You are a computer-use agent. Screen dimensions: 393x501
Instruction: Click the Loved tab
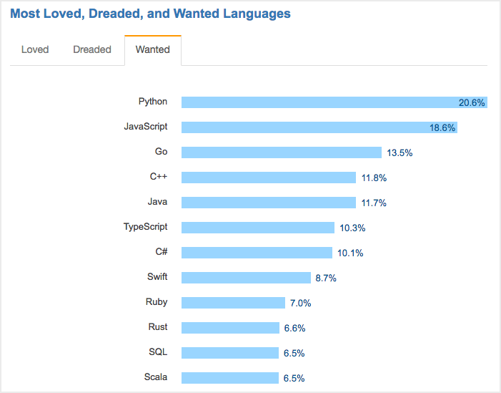tap(35, 49)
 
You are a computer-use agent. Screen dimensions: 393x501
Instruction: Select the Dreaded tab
tap(92, 49)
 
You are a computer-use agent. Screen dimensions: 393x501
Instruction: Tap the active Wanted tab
tap(152, 49)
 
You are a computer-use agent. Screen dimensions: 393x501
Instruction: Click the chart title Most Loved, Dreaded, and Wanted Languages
tap(150, 14)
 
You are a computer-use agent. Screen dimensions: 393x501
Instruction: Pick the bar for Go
tap(281, 152)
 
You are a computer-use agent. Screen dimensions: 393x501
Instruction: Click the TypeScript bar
tap(257, 228)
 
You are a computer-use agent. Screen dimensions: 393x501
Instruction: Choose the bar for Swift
tap(246, 278)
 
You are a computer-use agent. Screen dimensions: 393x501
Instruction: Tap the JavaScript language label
tap(146, 127)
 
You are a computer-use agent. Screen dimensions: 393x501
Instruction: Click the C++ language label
tap(159, 177)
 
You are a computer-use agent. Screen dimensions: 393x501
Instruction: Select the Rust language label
tap(158, 327)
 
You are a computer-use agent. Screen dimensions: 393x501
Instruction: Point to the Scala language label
tap(156, 377)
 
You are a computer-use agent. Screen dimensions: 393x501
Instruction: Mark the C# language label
tap(162, 252)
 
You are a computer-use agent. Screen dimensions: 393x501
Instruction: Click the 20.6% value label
tap(472, 103)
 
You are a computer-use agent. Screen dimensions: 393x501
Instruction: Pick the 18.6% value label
tap(442, 128)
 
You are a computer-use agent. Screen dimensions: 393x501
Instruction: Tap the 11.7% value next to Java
tap(374, 203)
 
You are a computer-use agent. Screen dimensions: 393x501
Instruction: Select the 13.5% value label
tap(400, 153)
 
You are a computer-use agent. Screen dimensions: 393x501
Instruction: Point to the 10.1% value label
tap(350, 253)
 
